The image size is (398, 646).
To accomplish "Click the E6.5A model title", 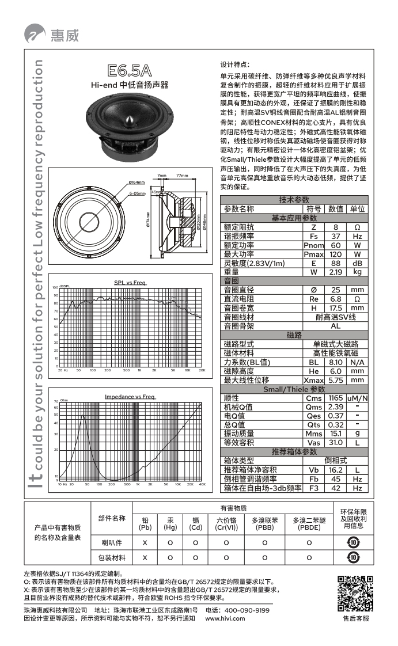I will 130,71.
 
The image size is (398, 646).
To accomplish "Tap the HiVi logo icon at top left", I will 34,35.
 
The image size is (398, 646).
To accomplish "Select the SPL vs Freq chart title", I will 130,282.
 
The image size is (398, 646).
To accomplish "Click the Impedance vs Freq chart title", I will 130,397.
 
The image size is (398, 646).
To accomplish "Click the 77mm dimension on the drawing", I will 182,175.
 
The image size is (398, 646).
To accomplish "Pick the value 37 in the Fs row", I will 335,236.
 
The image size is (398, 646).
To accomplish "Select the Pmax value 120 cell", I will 335,254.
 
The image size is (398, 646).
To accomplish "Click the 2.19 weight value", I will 335,272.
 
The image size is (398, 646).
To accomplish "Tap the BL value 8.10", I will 335,362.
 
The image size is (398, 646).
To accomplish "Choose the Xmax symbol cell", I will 313,380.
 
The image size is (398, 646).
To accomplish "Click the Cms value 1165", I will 335,398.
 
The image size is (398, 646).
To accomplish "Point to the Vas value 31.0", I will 335,442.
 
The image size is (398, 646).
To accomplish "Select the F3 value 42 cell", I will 335,488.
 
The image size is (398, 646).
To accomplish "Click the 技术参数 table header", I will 294,199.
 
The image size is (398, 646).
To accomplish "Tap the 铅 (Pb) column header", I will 145,523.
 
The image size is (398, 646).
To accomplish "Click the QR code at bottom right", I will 355,594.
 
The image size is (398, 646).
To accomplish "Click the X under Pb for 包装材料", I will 145,557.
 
